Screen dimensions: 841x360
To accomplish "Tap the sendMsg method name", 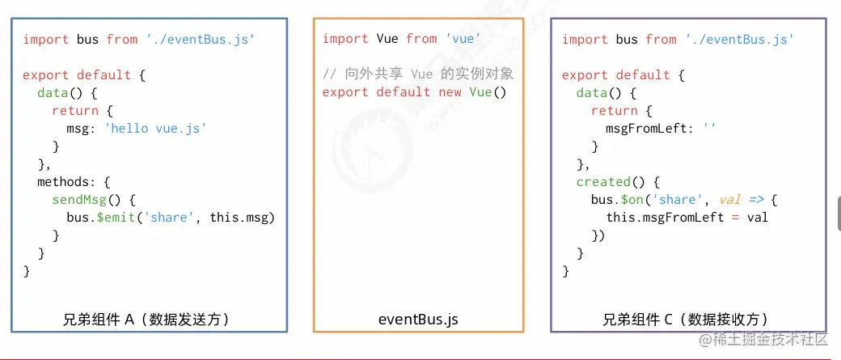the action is pyautogui.click(x=79, y=200).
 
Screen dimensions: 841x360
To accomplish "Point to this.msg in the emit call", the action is pyautogui.click(x=241, y=218).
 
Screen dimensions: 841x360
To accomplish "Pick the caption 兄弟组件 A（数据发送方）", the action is pyautogui.click(x=146, y=320).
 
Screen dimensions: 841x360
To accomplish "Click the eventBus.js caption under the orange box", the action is pyautogui.click(x=418, y=320).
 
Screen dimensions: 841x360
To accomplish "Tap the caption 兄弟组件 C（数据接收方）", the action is pyautogui.click(x=686, y=320).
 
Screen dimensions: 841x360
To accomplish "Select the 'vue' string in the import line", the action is pyautogui.click(x=463, y=39).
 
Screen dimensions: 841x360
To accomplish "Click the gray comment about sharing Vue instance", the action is pyautogui.click(x=418, y=74).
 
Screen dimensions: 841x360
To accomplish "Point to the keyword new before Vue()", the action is pyautogui.click(x=450, y=92).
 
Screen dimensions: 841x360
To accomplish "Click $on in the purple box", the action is pyautogui.click(x=632, y=200).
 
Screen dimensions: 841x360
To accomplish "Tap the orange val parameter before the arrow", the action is pyautogui.click(x=730, y=200).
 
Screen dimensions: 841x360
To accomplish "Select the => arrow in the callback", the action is pyautogui.click(x=756, y=200).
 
